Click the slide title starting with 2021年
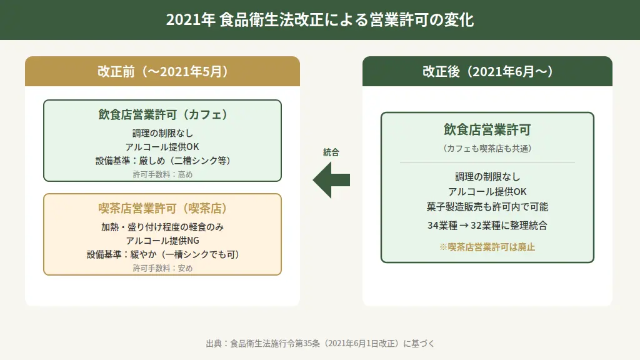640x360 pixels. [x=319, y=20]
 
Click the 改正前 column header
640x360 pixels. [x=162, y=71]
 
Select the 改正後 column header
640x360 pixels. [x=487, y=71]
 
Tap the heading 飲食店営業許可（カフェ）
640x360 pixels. [x=162, y=115]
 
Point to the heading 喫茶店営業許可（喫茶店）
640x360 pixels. [x=162, y=208]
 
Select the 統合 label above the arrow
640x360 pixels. [x=331, y=152]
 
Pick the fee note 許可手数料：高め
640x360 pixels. [x=162, y=174]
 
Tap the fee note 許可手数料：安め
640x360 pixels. [x=162, y=268]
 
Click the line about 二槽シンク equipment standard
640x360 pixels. [x=162, y=161]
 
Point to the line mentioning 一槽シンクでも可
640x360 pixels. [x=162, y=254]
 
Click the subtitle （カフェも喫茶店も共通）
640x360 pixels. [x=487, y=149]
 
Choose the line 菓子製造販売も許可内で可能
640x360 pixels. [x=487, y=206]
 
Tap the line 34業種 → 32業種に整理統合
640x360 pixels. [x=487, y=226]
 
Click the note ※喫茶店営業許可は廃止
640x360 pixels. [x=487, y=247]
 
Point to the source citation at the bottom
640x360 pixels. [x=319, y=343]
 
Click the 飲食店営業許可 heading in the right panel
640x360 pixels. [x=487, y=130]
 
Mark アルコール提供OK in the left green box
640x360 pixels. [x=162, y=147]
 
